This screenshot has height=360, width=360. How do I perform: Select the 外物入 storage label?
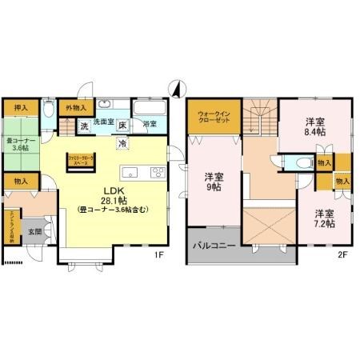[x=76, y=107]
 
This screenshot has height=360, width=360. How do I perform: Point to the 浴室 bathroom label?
[x=150, y=125]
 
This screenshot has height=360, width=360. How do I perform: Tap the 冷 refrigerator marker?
[x=122, y=142]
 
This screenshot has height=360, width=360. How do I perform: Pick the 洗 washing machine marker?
[x=84, y=126]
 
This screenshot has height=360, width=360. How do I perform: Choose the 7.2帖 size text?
[x=324, y=225]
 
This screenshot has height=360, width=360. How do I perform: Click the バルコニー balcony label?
[x=214, y=245]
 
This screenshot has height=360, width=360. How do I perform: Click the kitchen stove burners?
[x=155, y=173]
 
